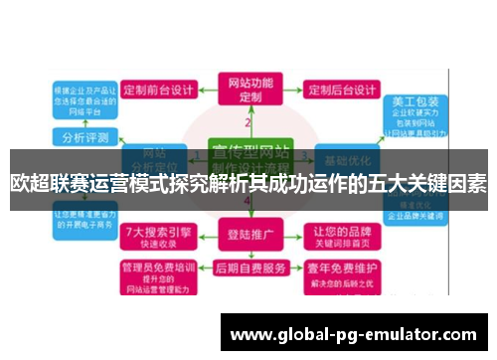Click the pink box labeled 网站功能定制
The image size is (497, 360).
point(249,90)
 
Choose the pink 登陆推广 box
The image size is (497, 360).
point(250,237)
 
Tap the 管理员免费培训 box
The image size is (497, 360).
point(159,275)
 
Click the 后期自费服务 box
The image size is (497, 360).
point(250,269)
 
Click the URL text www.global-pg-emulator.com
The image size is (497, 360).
point(353,335)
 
